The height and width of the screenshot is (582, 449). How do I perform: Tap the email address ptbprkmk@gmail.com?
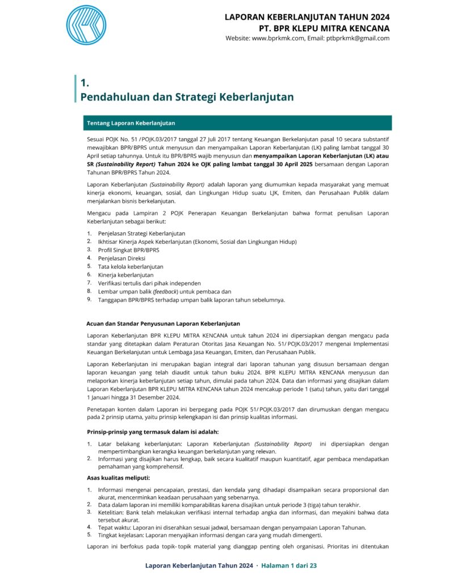[x=358, y=39]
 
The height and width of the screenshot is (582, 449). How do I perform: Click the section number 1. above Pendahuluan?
[x=85, y=83]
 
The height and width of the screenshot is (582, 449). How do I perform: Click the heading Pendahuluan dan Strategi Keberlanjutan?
[x=187, y=97]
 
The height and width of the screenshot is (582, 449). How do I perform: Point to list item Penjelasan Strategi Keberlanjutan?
[x=141, y=234]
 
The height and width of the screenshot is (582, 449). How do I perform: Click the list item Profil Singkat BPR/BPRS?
[x=128, y=250]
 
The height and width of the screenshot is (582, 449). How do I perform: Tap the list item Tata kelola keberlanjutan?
[x=131, y=266]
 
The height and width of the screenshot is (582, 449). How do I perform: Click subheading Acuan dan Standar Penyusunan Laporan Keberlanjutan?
[x=162, y=324]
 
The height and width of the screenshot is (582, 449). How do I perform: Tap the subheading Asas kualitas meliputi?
[x=114, y=477]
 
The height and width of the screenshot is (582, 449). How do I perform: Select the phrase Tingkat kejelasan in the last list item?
[x=120, y=535]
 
